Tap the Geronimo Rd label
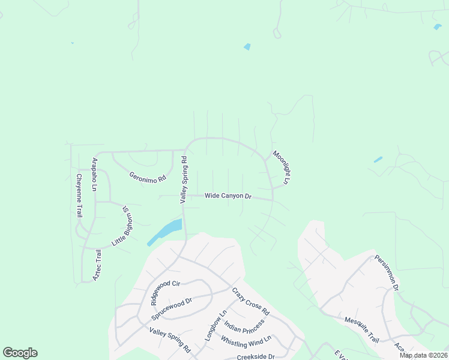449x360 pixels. pos(147,178)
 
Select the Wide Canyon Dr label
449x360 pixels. pos(228,196)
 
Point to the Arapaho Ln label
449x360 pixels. pos(94,175)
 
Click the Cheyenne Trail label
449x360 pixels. pos(79,196)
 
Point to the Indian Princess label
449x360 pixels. pos(244,325)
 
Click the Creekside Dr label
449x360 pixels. pos(255,356)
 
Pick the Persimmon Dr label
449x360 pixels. pos(387,273)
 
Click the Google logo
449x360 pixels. pos(20,353)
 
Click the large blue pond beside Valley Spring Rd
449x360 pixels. pos(164,232)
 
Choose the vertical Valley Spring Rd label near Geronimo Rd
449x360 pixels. pos(184,180)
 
